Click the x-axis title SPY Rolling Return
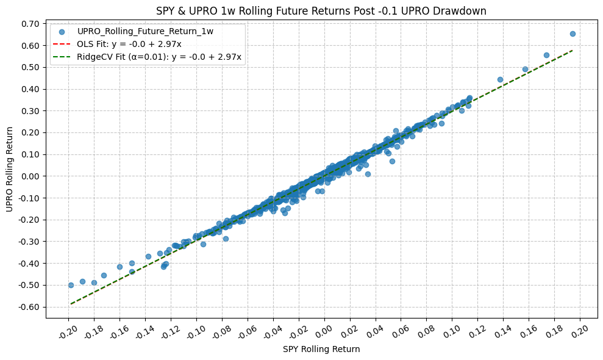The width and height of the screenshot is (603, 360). (321, 350)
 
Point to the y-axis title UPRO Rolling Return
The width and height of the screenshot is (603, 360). (9, 169)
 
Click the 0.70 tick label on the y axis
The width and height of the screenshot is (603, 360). (29, 24)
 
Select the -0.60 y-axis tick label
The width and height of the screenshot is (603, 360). (28, 307)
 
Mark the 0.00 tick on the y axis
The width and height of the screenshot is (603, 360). (29, 176)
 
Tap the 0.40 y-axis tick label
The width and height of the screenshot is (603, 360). (29, 89)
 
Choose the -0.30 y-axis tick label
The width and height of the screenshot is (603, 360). (28, 242)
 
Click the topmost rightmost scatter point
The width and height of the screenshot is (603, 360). (573, 34)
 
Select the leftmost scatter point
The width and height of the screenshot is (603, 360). (71, 285)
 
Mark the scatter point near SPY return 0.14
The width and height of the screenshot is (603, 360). (500, 79)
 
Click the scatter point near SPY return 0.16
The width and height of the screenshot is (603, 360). (525, 69)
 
